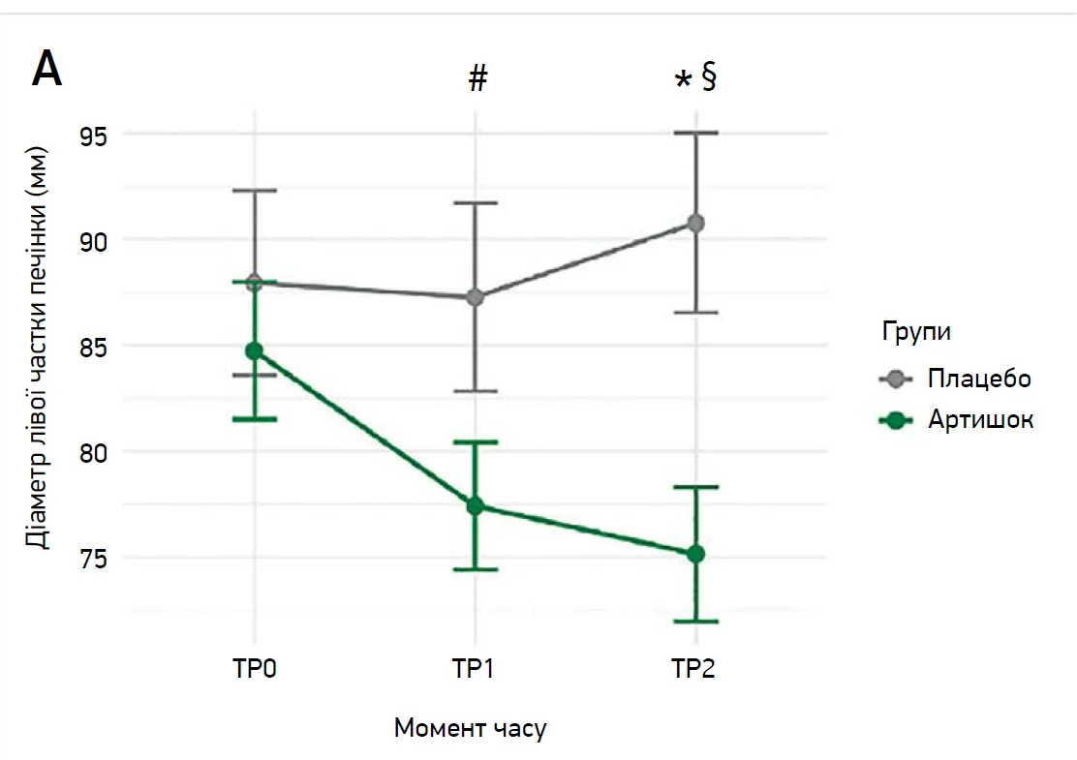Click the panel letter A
(x=47, y=70)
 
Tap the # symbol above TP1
(x=477, y=79)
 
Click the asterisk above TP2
(x=684, y=81)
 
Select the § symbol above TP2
(x=708, y=78)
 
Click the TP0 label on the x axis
(x=254, y=669)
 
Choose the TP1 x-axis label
(x=475, y=669)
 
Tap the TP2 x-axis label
(x=694, y=669)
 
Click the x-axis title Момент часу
(x=470, y=728)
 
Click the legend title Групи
(x=915, y=333)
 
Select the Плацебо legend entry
(x=979, y=378)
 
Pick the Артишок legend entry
(x=980, y=420)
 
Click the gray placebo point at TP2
(x=695, y=223)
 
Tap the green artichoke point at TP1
(x=475, y=505)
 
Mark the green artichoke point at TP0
(x=254, y=350)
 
